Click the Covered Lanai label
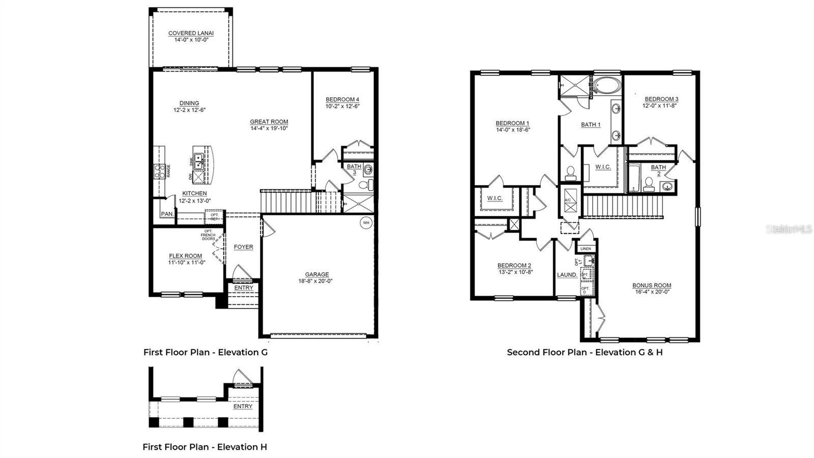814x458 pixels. point(191,34)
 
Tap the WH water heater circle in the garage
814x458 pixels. point(366,222)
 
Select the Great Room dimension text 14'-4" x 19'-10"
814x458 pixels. point(269,129)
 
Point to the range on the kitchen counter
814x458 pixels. point(159,171)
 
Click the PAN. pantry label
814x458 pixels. point(167,214)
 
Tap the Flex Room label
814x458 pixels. point(186,256)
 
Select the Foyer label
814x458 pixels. point(243,247)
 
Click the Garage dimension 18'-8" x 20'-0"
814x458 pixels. point(315,281)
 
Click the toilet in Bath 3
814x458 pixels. point(366,185)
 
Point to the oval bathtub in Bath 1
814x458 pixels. point(607,85)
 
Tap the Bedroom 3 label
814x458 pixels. point(661,99)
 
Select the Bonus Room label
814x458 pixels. point(652,285)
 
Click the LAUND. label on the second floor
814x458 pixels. point(567,275)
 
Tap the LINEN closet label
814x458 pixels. point(586,249)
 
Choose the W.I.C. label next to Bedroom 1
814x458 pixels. point(495,198)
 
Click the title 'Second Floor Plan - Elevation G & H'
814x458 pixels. point(585,352)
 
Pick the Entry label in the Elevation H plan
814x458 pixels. point(243,407)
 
